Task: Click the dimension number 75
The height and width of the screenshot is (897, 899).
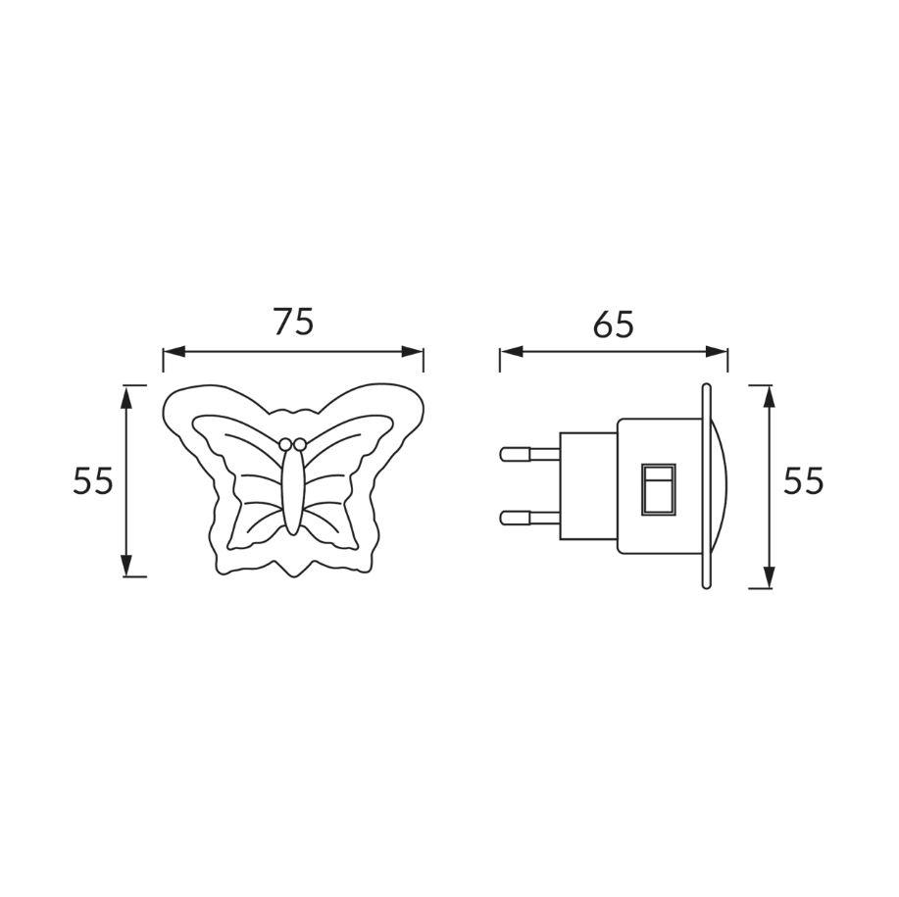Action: [x=293, y=322]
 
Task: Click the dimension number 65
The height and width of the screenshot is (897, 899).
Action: [x=614, y=324]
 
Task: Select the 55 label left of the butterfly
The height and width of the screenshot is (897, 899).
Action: [x=93, y=480]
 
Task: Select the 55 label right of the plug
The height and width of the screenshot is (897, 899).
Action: [x=804, y=480]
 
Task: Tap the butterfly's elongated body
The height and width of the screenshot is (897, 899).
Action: [x=292, y=490]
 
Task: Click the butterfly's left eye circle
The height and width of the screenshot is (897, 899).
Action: [x=285, y=444]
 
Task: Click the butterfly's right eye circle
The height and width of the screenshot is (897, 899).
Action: [x=299, y=444]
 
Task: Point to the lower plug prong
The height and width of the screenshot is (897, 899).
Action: [x=530, y=519]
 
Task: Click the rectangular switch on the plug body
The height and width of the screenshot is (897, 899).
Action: [x=659, y=488]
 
